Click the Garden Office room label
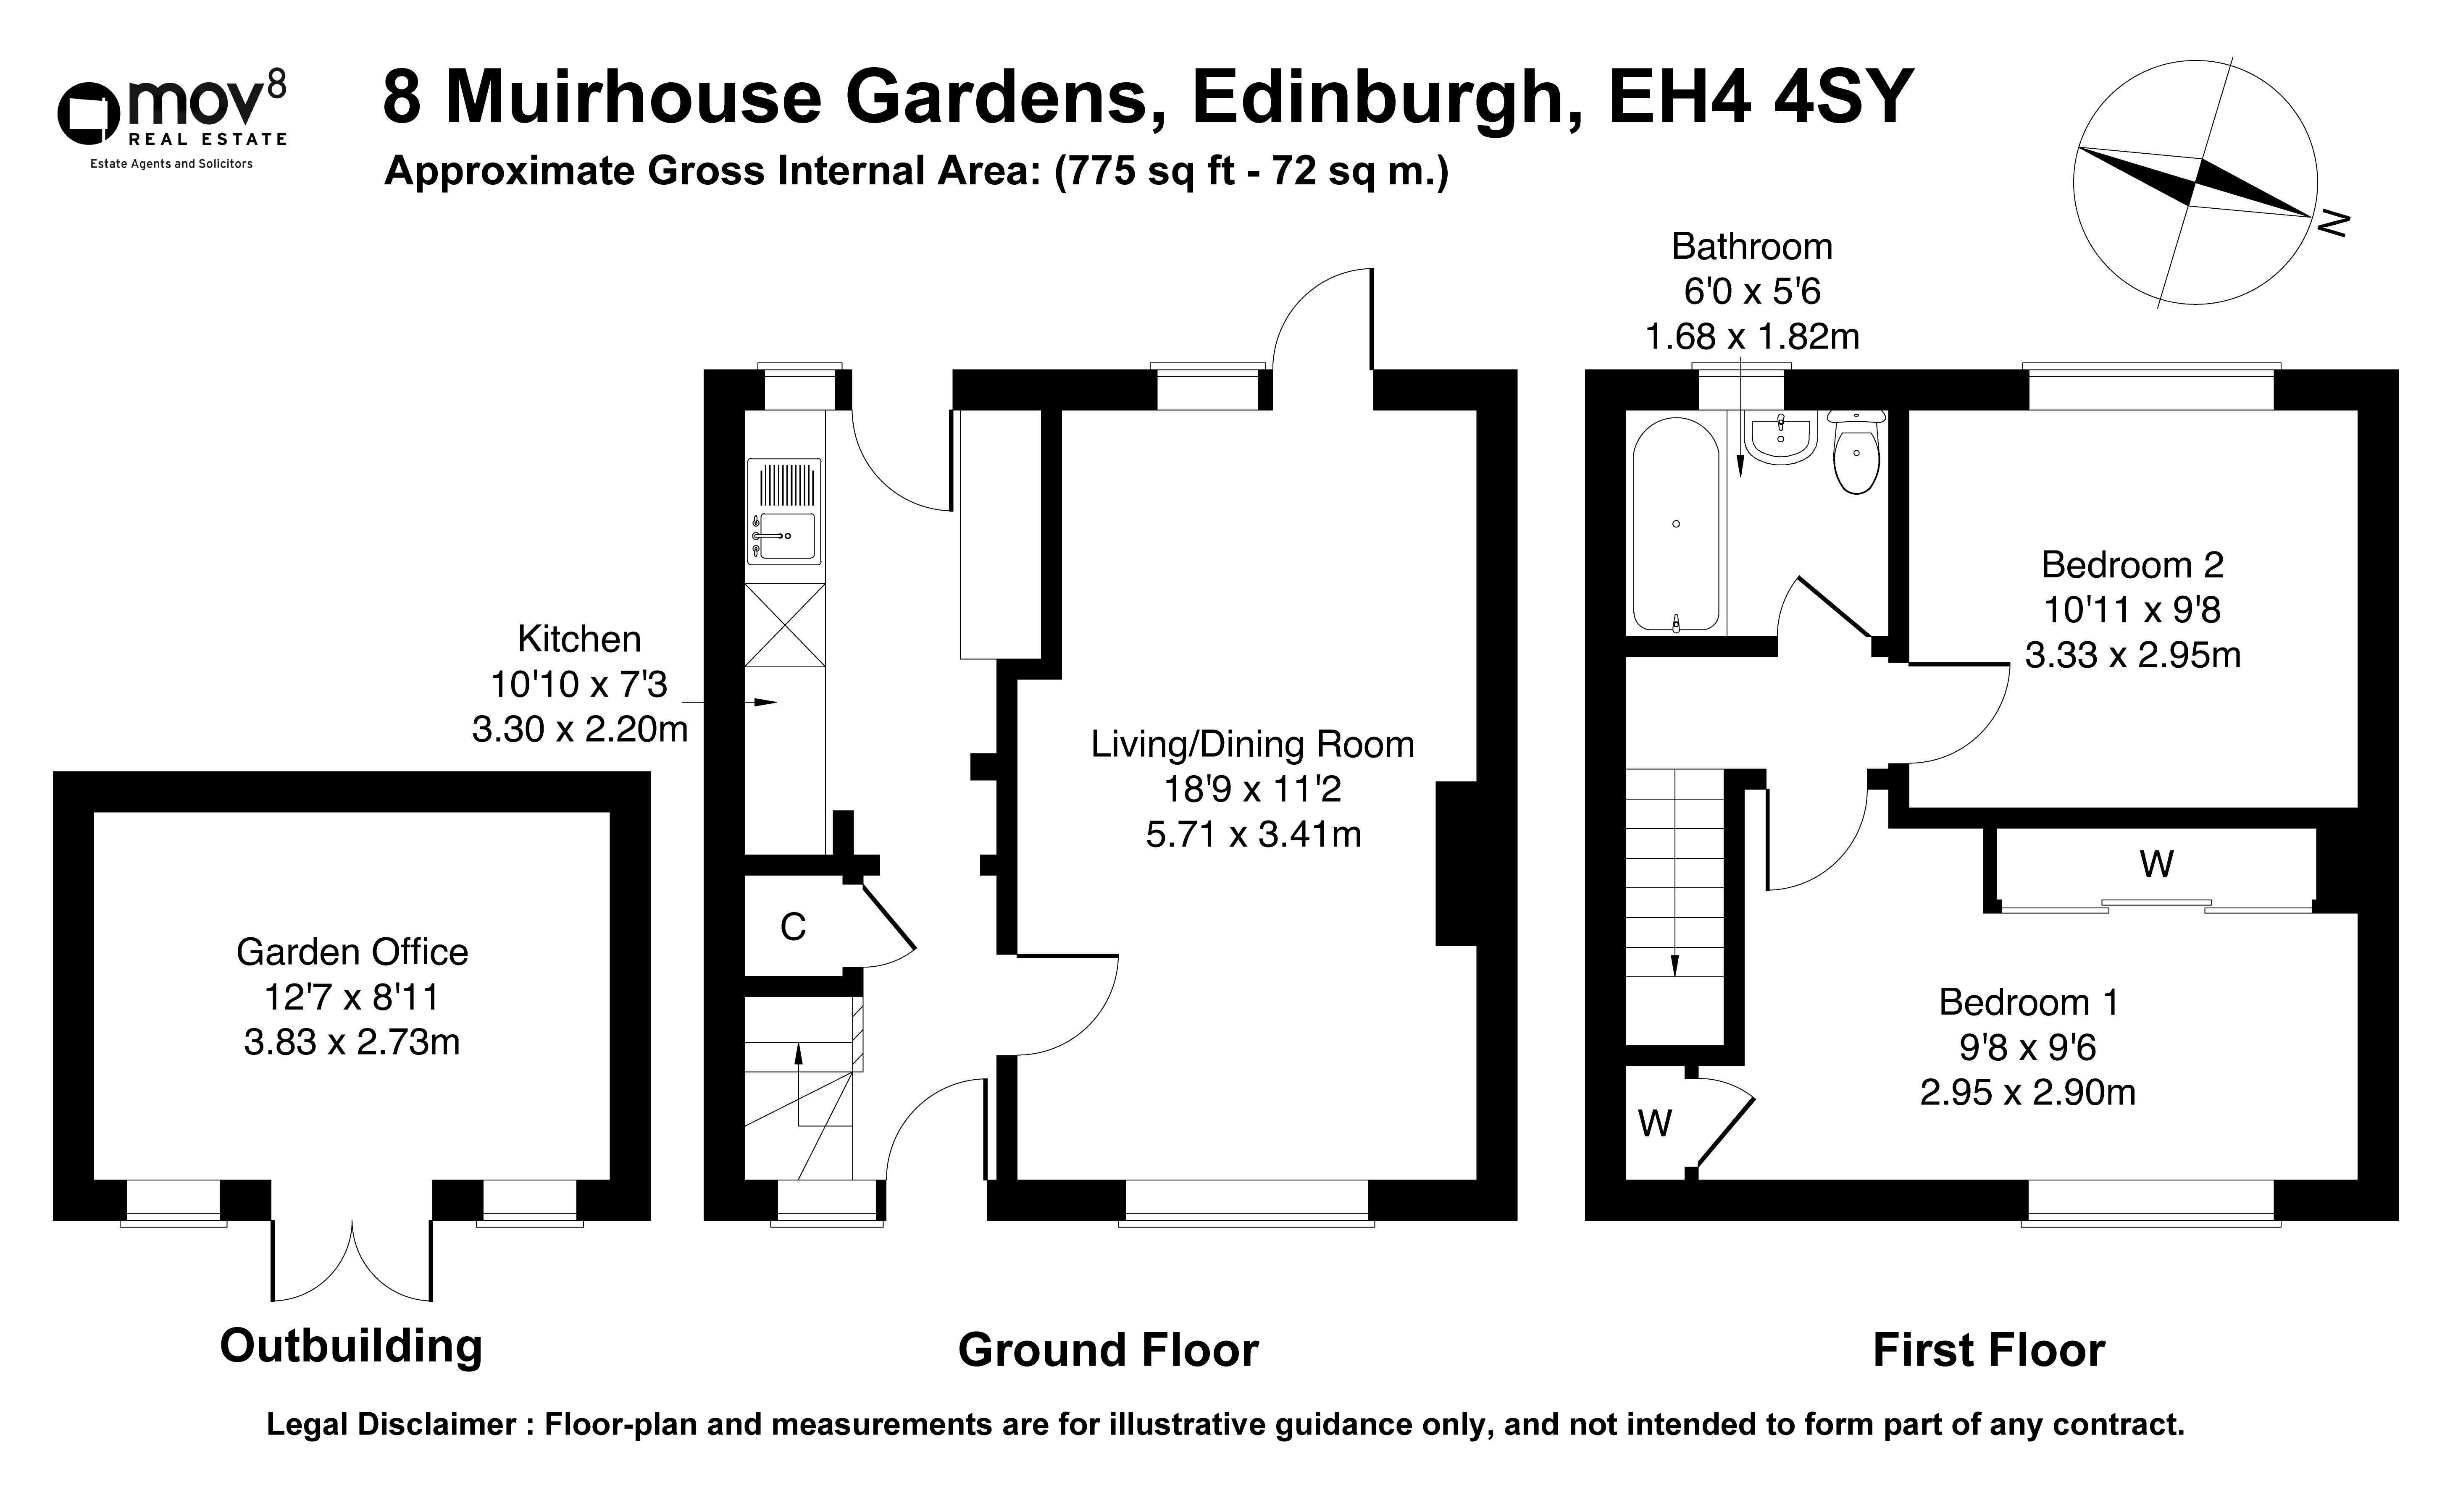[352, 952]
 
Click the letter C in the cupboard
[792, 927]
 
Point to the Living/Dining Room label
[1252, 745]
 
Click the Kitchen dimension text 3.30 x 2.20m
[580, 729]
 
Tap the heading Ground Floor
[1109, 1351]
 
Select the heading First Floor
[1989, 1351]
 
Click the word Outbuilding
[351, 1347]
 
